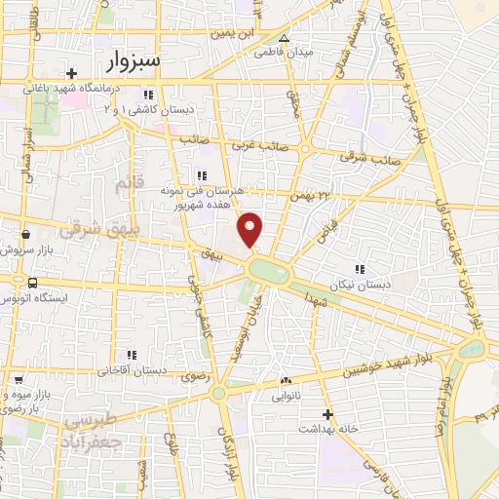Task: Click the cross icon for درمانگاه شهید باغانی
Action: [x=71, y=74]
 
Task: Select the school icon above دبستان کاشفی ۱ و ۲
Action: [x=147, y=95]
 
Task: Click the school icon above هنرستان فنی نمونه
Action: [x=202, y=175]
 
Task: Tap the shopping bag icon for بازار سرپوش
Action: [x=24, y=235]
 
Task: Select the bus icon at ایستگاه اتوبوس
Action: [x=33, y=283]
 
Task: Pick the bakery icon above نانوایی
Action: [x=286, y=380]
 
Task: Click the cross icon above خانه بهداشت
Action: [x=328, y=413]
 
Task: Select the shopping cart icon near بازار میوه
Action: [x=13, y=378]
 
